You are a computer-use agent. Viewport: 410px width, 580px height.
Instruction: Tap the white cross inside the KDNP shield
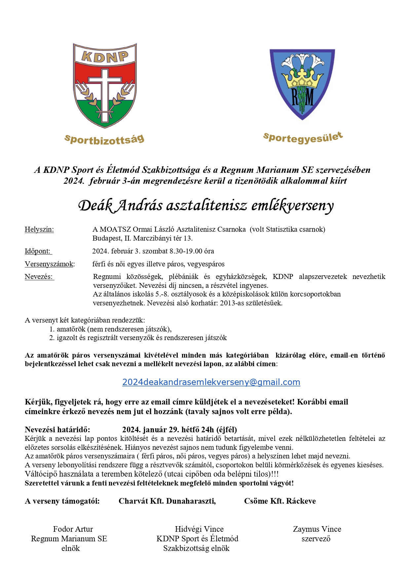[x=105, y=89]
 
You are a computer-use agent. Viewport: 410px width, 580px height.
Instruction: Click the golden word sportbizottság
[x=104, y=139]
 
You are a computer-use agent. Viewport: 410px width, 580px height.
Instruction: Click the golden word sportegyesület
[x=303, y=137]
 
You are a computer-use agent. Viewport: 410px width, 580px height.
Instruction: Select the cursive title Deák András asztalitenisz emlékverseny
[x=205, y=206]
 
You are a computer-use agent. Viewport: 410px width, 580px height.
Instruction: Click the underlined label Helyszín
[x=39, y=229]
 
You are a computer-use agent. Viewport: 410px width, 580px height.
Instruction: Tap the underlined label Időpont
[x=38, y=251]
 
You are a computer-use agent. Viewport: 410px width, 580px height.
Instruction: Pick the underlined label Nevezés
[x=39, y=277]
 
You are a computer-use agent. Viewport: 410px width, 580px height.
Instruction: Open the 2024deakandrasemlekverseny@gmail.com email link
[x=211, y=382]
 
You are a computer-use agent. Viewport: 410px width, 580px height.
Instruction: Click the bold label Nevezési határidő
[x=57, y=430]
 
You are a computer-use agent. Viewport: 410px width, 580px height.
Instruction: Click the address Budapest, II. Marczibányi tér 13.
[x=142, y=238]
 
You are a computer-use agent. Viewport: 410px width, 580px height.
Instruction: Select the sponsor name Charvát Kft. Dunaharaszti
[x=167, y=501]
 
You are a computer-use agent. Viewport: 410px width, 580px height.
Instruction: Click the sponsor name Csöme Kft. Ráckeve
[x=280, y=501]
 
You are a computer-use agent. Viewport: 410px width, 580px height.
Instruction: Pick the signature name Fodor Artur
[x=73, y=529]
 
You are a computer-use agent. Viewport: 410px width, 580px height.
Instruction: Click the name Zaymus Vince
[x=317, y=529]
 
